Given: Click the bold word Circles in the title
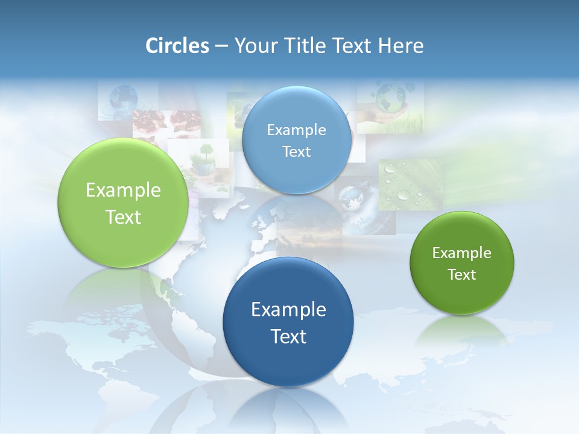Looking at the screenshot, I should pos(177,46).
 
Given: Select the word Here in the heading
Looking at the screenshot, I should pos(401,46).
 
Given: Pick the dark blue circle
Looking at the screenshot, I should pos(288,362).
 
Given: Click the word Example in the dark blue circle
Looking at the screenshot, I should pos(288,310).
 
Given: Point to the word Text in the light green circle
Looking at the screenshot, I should pos(123,218).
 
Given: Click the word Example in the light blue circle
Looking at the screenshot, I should pos(296,130).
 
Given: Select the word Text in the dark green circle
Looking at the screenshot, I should pos(462,275).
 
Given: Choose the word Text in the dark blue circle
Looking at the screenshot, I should pos(288,336).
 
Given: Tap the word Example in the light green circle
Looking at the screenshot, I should pos(123,190).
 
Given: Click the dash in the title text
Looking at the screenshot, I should pos(221,46).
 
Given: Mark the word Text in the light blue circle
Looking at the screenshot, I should pos(296,152).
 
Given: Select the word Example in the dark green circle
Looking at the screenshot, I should pos(462,253).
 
